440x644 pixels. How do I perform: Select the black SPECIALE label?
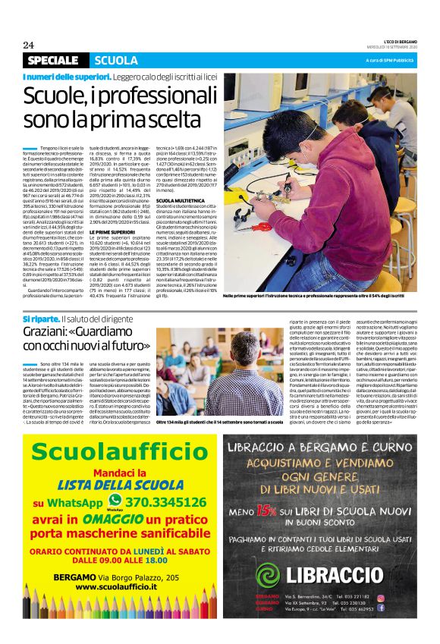pyautogui.click(x=52, y=61)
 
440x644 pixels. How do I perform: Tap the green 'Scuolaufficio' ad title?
pyautogui.click(x=112, y=451)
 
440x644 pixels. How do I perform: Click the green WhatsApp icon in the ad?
pyautogui.click(x=115, y=499)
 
